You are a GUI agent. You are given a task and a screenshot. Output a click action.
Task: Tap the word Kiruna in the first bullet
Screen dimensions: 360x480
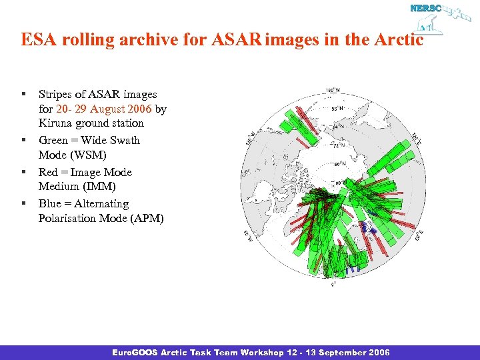(x=55, y=123)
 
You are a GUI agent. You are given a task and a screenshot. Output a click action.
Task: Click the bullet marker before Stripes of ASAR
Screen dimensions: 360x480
(x=23, y=95)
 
